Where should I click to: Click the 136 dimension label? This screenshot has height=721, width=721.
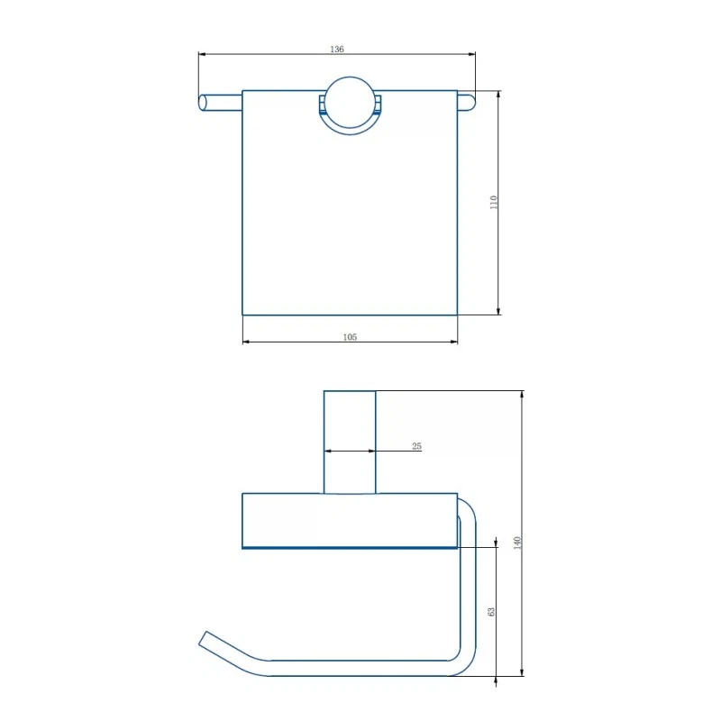(x=336, y=49)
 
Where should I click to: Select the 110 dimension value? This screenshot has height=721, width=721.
(x=493, y=202)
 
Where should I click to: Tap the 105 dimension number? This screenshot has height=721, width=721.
(x=350, y=337)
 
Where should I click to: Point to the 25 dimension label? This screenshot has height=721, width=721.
(x=416, y=446)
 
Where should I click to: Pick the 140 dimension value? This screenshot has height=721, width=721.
(x=517, y=543)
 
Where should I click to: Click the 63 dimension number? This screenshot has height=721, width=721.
(x=491, y=612)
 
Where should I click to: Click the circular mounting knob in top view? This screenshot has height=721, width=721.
(x=350, y=103)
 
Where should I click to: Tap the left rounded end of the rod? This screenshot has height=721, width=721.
(x=202, y=103)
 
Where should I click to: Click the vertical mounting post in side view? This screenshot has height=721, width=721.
(x=350, y=443)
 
